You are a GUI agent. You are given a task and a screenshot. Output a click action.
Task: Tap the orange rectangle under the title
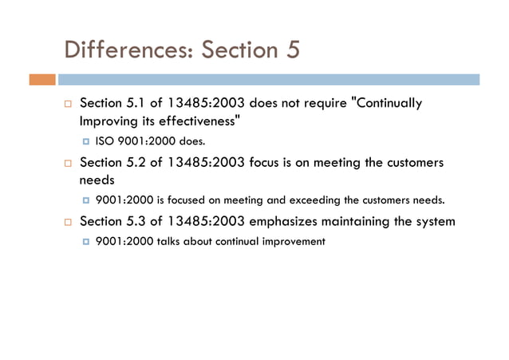42,80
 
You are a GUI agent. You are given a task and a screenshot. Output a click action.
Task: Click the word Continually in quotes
389,105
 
